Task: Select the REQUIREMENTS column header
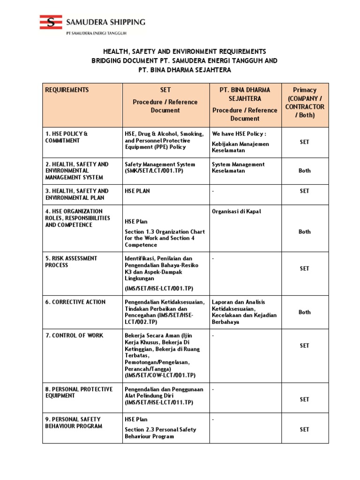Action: pyautogui.click(x=67, y=90)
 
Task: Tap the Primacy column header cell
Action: pyautogui.click(x=305, y=102)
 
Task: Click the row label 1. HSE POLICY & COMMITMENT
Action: pyautogui.click(x=67, y=137)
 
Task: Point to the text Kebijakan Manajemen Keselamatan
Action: pyautogui.click(x=240, y=147)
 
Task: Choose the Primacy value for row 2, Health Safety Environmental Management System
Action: pyautogui.click(x=305, y=171)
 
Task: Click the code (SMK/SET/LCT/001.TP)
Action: pyautogui.click(x=153, y=171)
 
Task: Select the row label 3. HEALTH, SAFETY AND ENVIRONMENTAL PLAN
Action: pyautogui.click(x=77, y=194)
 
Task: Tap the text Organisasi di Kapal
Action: pyautogui.click(x=236, y=211)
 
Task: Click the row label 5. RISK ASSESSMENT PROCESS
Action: pyautogui.click(x=71, y=262)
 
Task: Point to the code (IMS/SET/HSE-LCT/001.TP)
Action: pyautogui.click(x=159, y=288)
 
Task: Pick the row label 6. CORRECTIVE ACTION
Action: pyautogui.click(x=75, y=302)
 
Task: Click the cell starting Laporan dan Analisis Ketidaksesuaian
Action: pyautogui.click(x=244, y=312)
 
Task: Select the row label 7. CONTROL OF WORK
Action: pyautogui.click(x=75, y=336)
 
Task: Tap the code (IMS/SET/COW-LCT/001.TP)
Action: pyautogui.click(x=160, y=375)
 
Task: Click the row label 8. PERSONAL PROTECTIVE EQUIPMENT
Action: pyautogui.click(x=79, y=392)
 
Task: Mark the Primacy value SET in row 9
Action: pyautogui.click(x=305, y=429)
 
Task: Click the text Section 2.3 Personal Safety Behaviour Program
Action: pyautogui.click(x=160, y=433)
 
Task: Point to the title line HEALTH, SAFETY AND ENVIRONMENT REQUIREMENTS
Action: pyautogui.click(x=185, y=52)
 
